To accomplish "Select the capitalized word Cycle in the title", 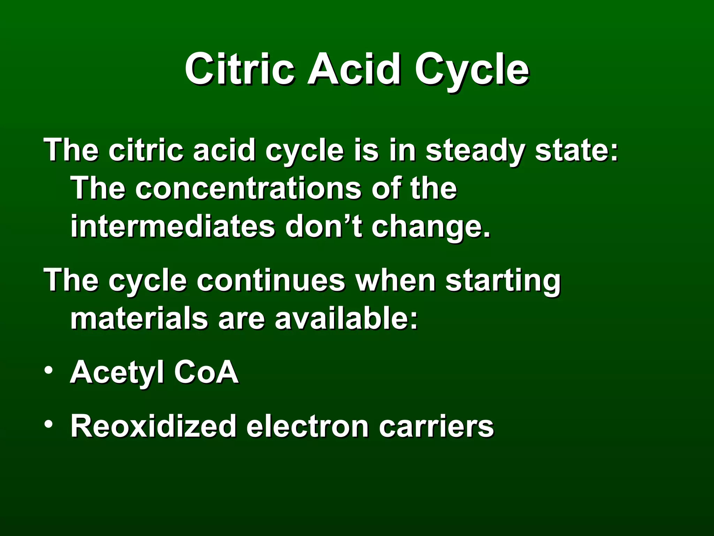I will pyautogui.click(x=472, y=70).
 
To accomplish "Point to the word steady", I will pyautogui.click(x=475, y=151).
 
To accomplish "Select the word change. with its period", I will pyautogui.click(x=431, y=228).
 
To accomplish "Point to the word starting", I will pyautogui.click(x=503, y=281).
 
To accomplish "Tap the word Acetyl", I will pyautogui.click(x=117, y=373).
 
